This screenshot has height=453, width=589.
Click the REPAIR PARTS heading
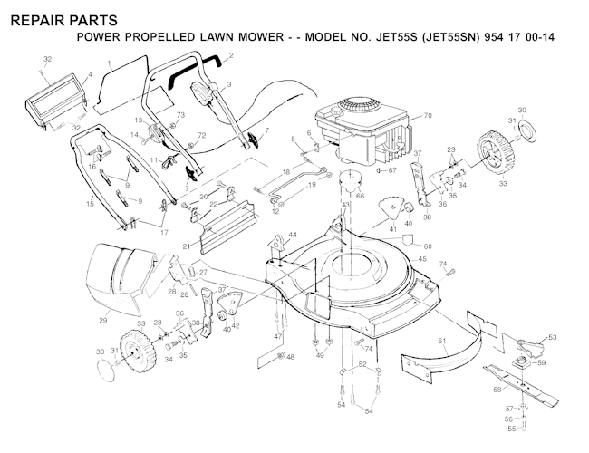pyautogui.click(x=59, y=17)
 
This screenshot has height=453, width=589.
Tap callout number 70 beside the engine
pyautogui.click(x=428, y=116)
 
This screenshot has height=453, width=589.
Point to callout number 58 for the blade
pyautogui.click(x=496, y=389)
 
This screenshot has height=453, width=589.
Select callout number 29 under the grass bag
pyautogui.click(x=102, y=320)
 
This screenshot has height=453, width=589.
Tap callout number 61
pyautogui.click(x=443, y=342)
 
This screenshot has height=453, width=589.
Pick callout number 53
pyautogui.click(x=553, y=336)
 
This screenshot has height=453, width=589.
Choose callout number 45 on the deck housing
pyautogui.click(x=420, y=259)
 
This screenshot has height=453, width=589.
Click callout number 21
pyautogui.click(x=187, y=246)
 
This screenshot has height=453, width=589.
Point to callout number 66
pyautogui.click(x=360, y=195)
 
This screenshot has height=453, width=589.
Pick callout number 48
pyautogui.click(x=290, y=357)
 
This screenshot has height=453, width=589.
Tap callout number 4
pyautogui.click(x=91, y=74)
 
